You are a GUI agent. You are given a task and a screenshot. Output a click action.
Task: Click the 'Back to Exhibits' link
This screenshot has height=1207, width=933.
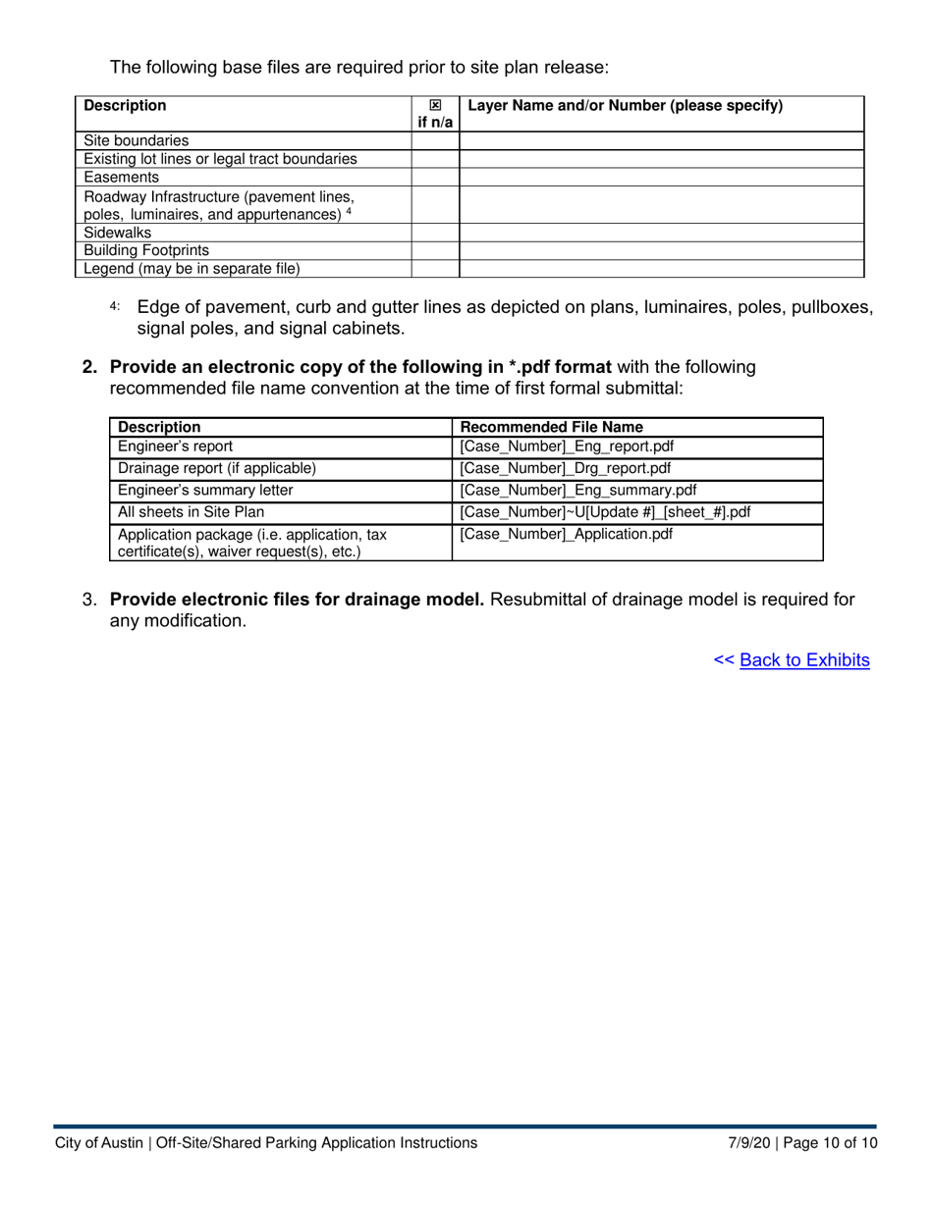(x=804, y=660)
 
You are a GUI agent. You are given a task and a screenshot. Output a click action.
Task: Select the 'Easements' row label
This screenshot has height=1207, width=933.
(x=122, y=178)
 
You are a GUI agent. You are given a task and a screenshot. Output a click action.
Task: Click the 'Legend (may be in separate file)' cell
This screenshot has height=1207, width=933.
(x=192, y=268)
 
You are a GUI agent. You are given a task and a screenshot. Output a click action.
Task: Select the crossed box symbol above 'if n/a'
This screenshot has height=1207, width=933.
(x=435, y=106)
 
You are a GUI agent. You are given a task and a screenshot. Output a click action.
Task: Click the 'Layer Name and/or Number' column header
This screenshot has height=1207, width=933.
(x=626, y=106)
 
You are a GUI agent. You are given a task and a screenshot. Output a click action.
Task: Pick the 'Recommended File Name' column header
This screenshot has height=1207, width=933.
(x=552, y=427)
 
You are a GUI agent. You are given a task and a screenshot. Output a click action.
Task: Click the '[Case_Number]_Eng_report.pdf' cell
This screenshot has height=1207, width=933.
(x=567, y=446)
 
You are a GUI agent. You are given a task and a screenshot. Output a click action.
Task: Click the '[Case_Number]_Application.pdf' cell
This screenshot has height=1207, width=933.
(x=567, y=535)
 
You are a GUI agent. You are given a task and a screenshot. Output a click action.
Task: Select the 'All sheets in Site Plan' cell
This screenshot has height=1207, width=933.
(x=192, y=512)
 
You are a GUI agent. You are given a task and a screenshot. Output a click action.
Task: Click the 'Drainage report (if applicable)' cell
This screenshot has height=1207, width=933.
(x=217, y=468)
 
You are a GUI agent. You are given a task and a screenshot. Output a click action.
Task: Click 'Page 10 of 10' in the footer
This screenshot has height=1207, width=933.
(x=829, y=1143)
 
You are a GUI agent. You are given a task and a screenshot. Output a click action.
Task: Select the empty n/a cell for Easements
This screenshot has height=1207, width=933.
(x=435, y=178)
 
